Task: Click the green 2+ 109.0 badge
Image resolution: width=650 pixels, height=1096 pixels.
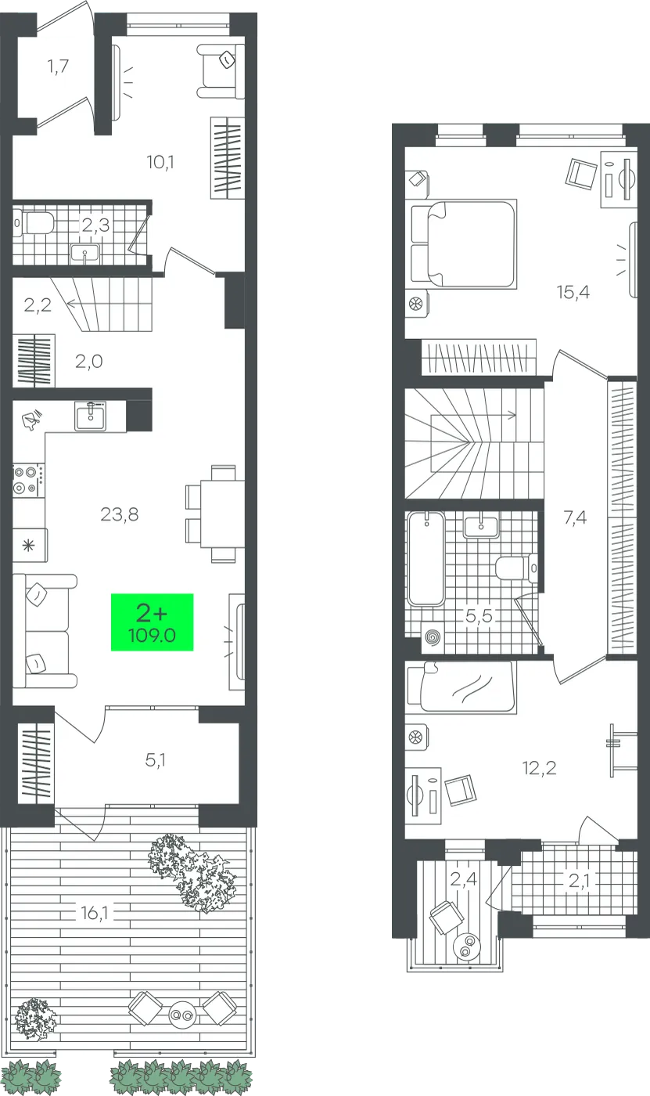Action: coord(152,622)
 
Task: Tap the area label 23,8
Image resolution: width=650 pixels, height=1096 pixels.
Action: coord(120,514)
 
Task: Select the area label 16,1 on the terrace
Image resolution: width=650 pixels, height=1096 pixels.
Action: coord(95,913)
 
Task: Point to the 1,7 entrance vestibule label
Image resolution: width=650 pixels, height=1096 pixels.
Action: coord(58,66)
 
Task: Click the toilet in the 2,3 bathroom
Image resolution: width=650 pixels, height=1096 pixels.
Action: coord(34,223)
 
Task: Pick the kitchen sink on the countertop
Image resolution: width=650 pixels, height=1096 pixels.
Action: coord(91,416)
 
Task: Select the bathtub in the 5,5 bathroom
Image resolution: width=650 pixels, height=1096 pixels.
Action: coord(426,558)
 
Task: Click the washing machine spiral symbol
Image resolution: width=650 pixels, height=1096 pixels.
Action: coord(433,637)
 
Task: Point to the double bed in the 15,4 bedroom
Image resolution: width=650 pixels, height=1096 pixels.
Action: coord(463,243)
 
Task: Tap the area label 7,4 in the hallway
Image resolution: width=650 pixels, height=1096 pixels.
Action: coord(575,517)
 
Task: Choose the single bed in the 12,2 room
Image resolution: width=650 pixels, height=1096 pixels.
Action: coord(461,686)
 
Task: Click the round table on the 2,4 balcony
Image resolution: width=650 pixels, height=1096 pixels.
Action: coord(467,947)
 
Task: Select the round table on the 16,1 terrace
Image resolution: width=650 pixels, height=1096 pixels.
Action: coord(182,1015)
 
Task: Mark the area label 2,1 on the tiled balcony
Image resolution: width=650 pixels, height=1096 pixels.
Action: coord(579,881)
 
